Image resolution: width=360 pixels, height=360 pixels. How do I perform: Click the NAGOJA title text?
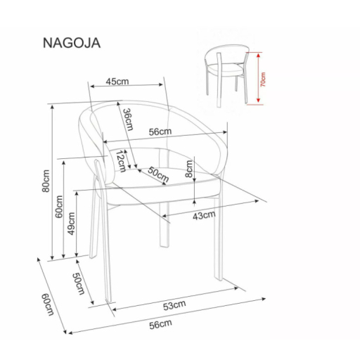[72, 43]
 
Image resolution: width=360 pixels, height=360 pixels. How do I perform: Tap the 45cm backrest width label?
[117, 82]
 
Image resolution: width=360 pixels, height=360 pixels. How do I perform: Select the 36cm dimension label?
[128, 120]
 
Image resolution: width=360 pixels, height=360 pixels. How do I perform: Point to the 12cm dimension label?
[121, 162]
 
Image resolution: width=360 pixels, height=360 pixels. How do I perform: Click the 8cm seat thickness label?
[188, 169]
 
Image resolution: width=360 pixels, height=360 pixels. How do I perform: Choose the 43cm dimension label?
[204, 216]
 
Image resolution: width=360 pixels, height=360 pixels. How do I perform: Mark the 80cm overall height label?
[46, 181]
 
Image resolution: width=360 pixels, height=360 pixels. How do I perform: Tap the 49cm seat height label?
[71, 224]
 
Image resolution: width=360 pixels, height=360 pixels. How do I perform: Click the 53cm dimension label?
[174, 305]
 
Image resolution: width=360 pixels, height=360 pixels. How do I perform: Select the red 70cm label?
[264, 79]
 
